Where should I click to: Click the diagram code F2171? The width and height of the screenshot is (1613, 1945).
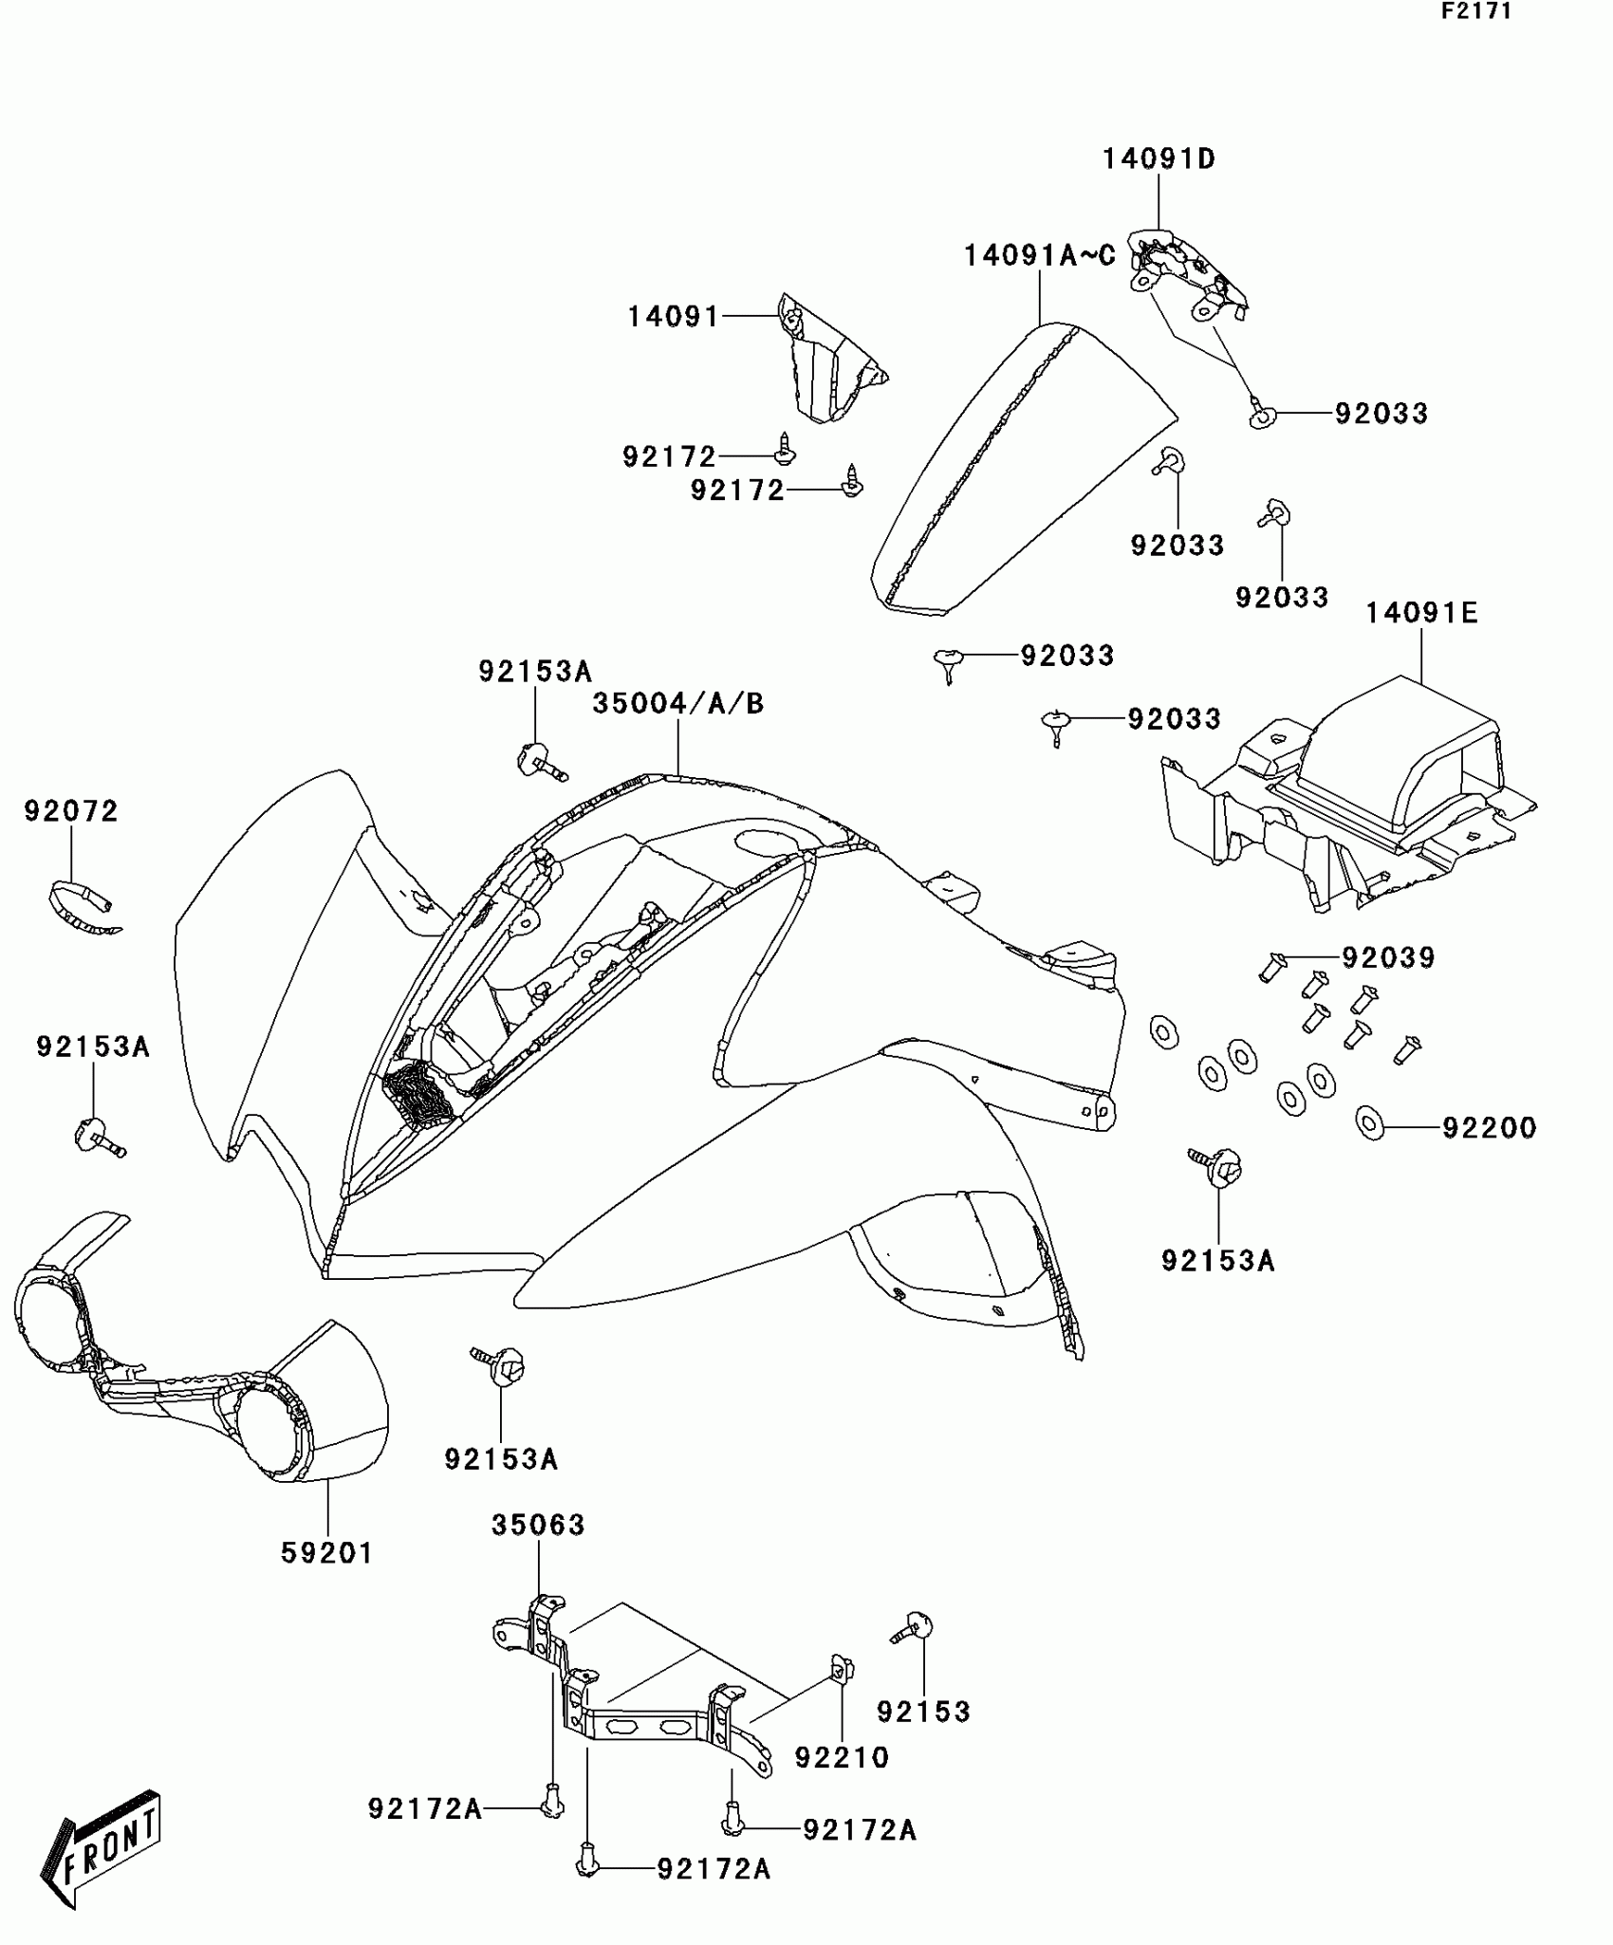pos(1476,11)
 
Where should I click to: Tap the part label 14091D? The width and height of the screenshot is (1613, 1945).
pos(1158,158)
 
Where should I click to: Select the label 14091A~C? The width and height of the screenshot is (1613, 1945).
pos(1039,255)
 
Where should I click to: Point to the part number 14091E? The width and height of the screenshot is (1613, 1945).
pos(1421,613)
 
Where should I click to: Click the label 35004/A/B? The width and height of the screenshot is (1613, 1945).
pos(677,703)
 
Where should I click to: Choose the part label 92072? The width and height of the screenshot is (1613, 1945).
pos(71,811)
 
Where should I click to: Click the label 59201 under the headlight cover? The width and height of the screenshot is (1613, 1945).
pos(327,1553)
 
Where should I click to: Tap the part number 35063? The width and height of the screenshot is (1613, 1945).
pos(538,1525)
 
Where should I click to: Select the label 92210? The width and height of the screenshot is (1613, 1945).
pos(842,1757)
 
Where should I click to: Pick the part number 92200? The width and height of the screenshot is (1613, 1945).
pos(1489,1127)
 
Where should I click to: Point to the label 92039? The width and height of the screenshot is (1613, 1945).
pos(1388,957)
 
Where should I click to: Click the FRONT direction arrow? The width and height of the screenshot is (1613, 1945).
pos(100,1850)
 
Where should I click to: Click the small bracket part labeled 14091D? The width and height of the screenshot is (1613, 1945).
pos(1186,270)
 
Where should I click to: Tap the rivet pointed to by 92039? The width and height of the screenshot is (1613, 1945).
pos(1271,967)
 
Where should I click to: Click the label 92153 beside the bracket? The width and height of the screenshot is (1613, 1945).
pos(923,1712)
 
